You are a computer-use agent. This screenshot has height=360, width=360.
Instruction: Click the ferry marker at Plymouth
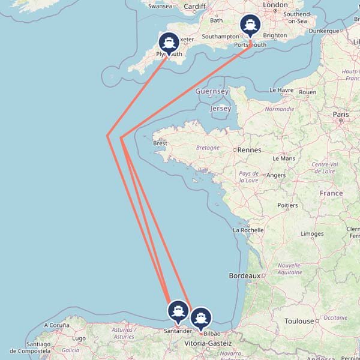pos(169,43)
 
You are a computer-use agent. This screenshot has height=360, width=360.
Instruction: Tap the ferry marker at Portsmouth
pos(250,25)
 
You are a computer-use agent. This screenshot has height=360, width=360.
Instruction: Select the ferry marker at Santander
pos(177,311)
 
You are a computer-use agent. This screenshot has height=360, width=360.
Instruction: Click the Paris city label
pos(341,114)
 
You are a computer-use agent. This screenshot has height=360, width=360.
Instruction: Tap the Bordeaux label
pos(244,276)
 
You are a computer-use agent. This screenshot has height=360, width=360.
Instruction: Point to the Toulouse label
pos(299,321)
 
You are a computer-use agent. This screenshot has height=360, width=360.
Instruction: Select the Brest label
pos(160,143)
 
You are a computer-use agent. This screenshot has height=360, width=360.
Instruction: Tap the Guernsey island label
pos(212,91)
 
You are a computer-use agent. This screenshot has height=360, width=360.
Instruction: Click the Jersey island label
pos(220,109)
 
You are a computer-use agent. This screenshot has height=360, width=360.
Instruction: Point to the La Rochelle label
pos(248,230)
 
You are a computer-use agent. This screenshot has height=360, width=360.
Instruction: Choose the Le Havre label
pos(281,90)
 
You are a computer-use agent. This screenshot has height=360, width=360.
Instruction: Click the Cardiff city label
pos(195,7)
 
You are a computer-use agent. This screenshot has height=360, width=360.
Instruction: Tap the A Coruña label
pos(57,325)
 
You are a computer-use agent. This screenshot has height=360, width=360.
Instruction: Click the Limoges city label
pos(312,233)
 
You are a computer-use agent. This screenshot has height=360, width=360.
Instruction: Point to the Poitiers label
pos(287,205)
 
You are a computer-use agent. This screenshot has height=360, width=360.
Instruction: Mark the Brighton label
pos(275,35)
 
